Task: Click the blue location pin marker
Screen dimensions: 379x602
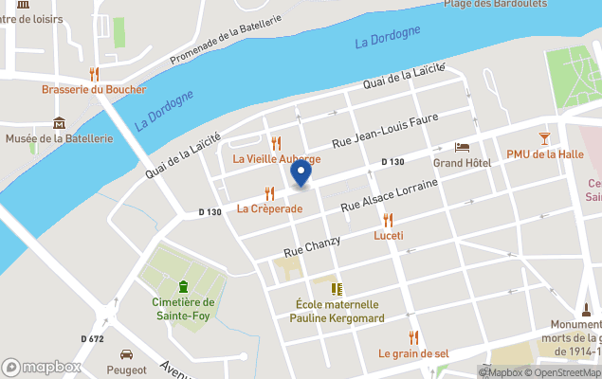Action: point(301,172)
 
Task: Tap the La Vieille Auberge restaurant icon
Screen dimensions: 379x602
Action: point(276,143)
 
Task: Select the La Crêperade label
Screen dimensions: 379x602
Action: point(269,208)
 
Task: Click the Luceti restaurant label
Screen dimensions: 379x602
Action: point(389,235)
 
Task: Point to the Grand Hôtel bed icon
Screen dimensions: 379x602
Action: point(462,148)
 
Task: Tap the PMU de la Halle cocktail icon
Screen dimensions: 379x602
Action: point(543,138)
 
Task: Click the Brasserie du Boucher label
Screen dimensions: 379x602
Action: point(94,89)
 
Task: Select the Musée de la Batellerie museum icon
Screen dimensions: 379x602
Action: point(60,122)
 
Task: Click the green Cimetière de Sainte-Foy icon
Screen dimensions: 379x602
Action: point(183,286)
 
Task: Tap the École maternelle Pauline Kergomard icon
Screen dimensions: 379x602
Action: point(335,288)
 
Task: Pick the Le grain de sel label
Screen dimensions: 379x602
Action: point(412,353)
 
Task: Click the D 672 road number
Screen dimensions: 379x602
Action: point(92,338)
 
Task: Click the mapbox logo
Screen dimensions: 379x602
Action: point(41,367)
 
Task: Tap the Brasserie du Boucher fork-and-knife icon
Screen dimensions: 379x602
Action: point(94,74)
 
